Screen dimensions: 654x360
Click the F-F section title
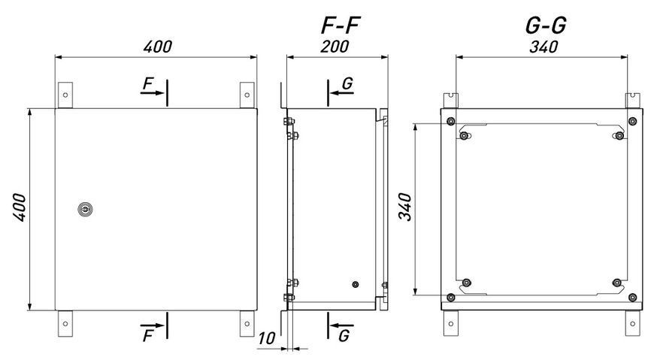point(341,25)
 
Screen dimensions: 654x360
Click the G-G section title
point(546,26)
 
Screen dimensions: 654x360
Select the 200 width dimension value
point(335,47)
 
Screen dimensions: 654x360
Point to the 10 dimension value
point(266,338)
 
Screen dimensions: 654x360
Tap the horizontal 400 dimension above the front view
point(158,47)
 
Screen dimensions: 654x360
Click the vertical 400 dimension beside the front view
point(20,207)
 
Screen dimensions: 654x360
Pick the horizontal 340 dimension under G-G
point(543,47)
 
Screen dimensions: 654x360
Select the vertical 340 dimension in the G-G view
point(405,207)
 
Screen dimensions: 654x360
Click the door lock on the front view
point(85,209)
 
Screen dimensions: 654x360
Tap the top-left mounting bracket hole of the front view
point(65,95)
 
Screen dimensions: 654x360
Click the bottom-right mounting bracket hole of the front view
point(247,324)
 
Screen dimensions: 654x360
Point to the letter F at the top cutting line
point(148,84)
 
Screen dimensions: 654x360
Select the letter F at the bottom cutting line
point(148,335)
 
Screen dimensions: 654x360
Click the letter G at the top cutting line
point(347,84)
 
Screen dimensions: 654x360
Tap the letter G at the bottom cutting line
point(344,335)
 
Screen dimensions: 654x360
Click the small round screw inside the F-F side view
point(356,285)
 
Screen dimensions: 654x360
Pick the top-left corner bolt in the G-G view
point(450,122)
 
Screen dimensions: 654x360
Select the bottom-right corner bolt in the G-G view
point(633,298)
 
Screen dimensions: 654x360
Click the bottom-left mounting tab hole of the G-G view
point(450,324)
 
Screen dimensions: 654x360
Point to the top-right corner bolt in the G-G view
point(633,122)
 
